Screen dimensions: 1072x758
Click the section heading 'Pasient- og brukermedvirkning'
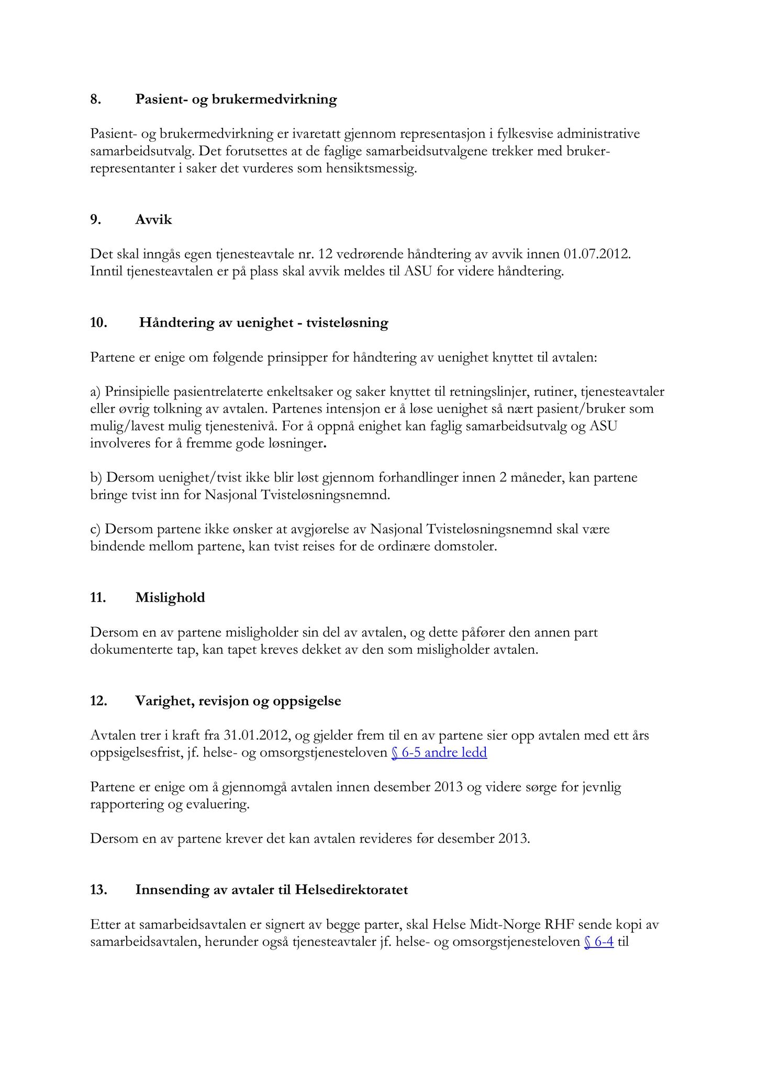coord(236,99)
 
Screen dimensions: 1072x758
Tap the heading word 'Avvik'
coord(153,220)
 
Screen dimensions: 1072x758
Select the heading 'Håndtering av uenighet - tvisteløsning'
coord(263,322)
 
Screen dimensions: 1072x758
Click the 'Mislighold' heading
coord(170,598)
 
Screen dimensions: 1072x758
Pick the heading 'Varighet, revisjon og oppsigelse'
coord(238,701)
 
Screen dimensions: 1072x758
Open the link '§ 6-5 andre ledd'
coord(439,753)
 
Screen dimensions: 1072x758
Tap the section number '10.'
coord(98,322)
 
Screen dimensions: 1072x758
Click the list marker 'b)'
coord(97,478)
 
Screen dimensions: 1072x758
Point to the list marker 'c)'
coord(96,529)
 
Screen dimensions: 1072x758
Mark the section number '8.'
coord(95,99)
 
